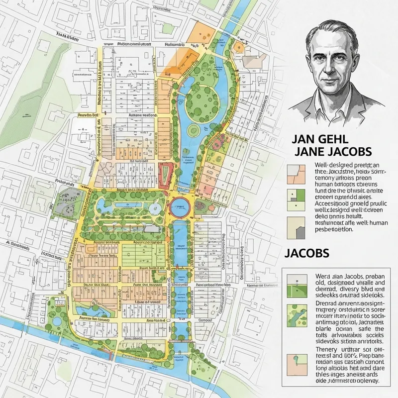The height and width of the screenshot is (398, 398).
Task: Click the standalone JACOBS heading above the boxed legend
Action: click(x=307, y=252)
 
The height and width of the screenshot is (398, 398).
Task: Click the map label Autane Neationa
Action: click(x=140, y=114)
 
